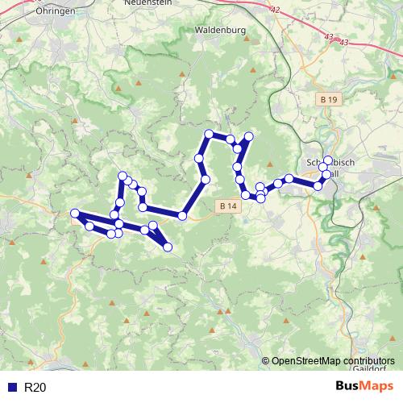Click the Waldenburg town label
[x=220, y=31]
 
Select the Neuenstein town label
[x=145, y=3]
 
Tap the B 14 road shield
[x=228, y=207]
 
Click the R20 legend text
[x=35, y=388]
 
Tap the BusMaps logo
[x=364, y=387]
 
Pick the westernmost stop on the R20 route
[x=75, y=214]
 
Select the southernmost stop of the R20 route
[x=168, y=247]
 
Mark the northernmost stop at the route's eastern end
[x=327, y=160]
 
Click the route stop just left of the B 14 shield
[x=182, y=215]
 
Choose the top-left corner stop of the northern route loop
[x=209, y=134]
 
